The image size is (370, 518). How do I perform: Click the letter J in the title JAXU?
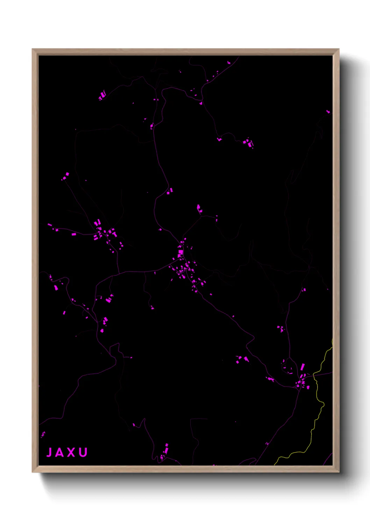49,453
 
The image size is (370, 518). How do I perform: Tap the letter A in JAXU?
60,453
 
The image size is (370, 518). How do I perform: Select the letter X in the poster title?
71,453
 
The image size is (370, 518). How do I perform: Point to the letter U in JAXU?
83,453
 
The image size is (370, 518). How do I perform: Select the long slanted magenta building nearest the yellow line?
303,367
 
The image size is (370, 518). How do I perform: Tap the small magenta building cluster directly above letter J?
43,434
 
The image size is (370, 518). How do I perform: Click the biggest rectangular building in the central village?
181,252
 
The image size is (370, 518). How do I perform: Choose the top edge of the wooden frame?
185,52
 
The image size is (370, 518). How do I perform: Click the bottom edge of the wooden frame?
185,469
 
